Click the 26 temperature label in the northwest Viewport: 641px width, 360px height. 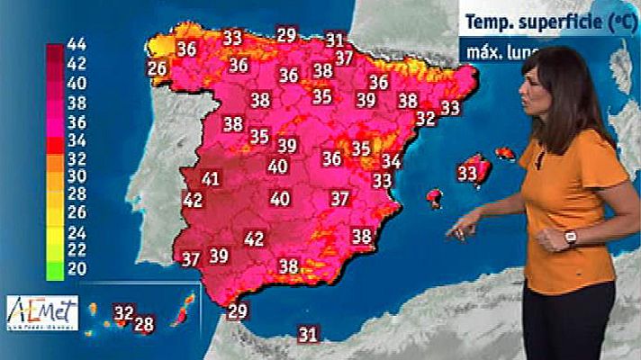coord(158,68)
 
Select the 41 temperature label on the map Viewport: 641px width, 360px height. coord(211,178)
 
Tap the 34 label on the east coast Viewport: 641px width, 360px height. coord(391,161)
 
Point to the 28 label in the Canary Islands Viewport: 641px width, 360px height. coord(144,323)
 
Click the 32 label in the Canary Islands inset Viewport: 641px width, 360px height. coord(123,313)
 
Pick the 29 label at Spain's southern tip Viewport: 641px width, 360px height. coord(238,312)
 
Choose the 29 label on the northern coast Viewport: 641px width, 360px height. coord(287,36)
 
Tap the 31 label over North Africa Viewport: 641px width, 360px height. coord(309,335)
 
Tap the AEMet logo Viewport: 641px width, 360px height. coord(42,314)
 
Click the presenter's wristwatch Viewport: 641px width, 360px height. coord(570,238)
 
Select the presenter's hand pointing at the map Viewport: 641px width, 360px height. coord(459,229)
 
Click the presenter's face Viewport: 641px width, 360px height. coord(552,94)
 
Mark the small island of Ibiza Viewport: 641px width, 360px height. coord(435,196)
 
